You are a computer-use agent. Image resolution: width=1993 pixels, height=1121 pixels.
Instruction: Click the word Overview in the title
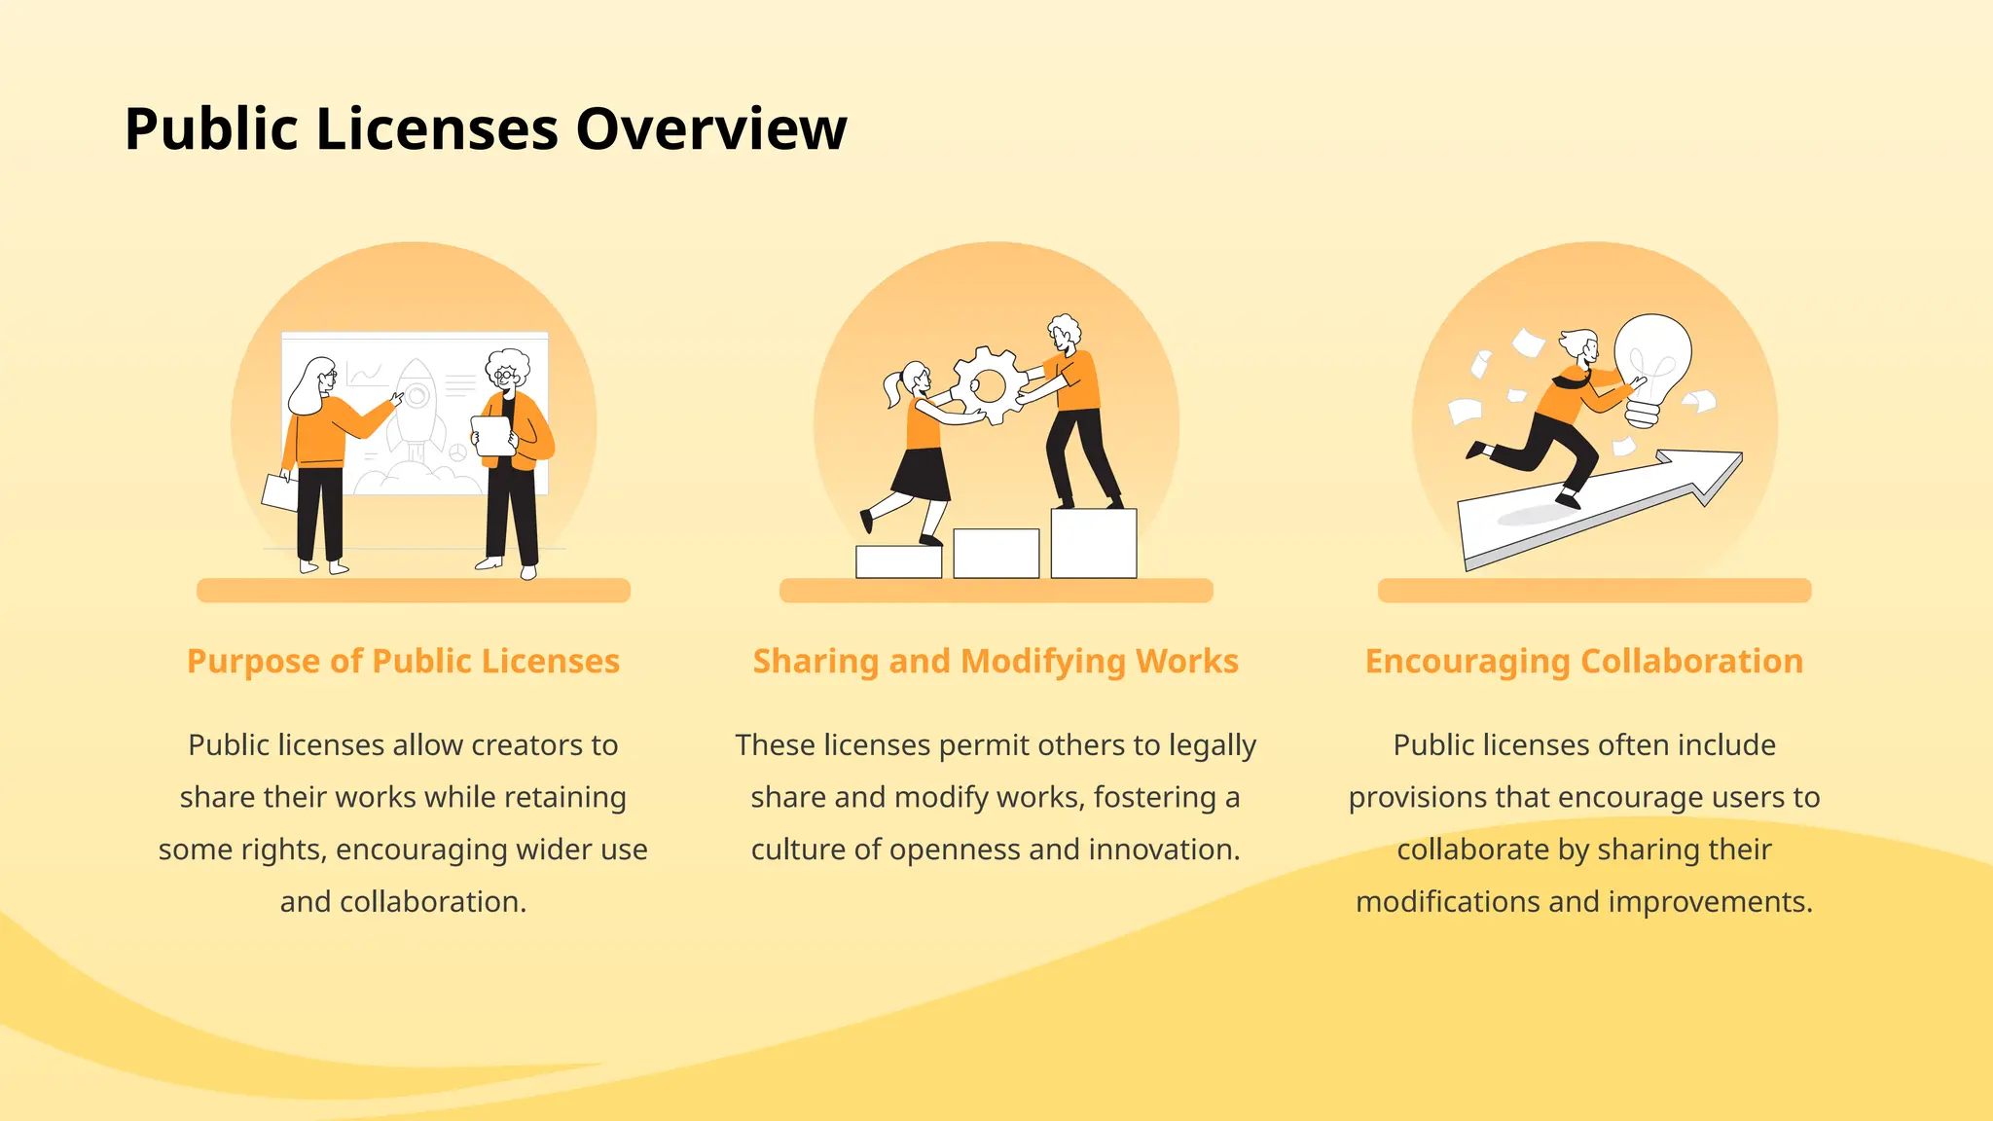[711, 129]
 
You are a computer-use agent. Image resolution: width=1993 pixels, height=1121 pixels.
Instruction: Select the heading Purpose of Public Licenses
[403, 661]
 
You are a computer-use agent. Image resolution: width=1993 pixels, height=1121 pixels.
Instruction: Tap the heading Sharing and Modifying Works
[996, 661]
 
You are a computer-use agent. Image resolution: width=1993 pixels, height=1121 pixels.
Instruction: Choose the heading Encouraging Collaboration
[1583, 661]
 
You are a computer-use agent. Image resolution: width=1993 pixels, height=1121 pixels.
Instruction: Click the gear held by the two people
[988, 386]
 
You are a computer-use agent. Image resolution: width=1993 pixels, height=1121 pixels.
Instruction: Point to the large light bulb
[1651, 360]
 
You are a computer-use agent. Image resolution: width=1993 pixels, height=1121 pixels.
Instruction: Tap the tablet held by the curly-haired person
[493, 436]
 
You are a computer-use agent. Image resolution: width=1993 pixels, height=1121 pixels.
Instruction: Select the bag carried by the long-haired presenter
[280, 492]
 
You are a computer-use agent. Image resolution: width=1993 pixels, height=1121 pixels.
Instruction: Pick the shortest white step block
[898, 561]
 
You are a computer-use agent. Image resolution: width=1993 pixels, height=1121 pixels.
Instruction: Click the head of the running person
[1580, 346]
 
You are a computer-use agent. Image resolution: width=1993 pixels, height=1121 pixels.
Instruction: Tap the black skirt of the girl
[921, 475]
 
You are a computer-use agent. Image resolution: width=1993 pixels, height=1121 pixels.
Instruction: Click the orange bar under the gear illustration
[996, 590]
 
